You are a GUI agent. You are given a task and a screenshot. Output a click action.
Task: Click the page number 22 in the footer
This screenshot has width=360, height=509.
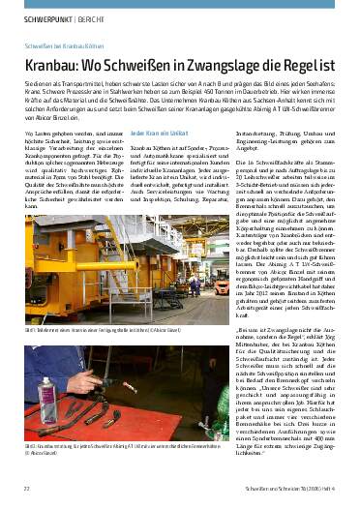click(x=26, y=489)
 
